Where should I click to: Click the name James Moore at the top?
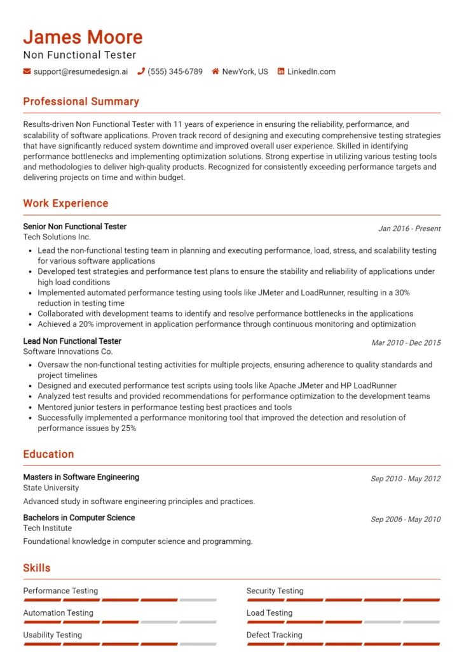click(83, 37)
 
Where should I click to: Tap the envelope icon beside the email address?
click(27, 72)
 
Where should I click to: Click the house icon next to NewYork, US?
click(215, 72)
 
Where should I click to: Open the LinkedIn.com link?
click(311, 72)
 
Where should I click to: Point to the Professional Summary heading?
click(81, 102)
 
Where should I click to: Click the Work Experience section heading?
click(65, 204)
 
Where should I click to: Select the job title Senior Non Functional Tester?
click(75, 227)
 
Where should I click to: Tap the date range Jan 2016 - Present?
click(409, 229)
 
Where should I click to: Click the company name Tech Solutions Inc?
click(57, 237)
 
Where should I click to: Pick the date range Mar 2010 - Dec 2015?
click(406, 343)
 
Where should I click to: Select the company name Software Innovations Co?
click(68, 352)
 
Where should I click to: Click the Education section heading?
click(48, 455)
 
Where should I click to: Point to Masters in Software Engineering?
click(81, 478)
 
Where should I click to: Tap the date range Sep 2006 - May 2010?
click(406, 520)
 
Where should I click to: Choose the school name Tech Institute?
click(48, 528)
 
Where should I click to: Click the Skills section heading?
click(37, 568)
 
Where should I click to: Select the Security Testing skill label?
click(275, 591)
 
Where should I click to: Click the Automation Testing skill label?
click(58, 613)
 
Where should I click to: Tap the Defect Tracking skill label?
click(274, 635)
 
